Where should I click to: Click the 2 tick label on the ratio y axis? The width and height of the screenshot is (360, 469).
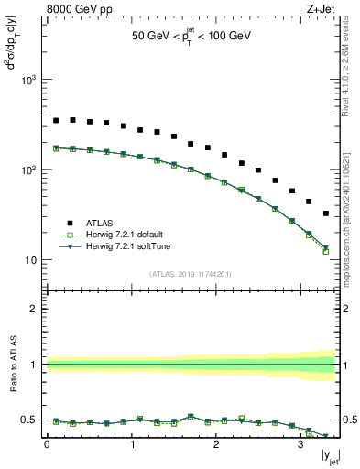coord(34,309)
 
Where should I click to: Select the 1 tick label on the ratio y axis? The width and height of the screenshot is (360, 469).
coord(34,365)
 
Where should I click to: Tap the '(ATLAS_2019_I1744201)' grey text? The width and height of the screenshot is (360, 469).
coord(190,272)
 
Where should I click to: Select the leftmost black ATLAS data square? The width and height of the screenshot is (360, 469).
coord(55,120)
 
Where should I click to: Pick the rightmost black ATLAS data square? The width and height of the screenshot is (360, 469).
coord(326,213)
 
